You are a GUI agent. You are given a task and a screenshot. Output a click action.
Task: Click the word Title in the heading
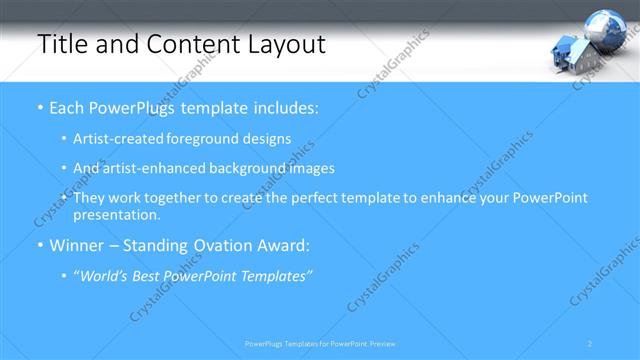(59, 45)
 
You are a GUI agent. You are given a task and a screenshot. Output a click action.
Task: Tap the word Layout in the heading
(286, 45)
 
